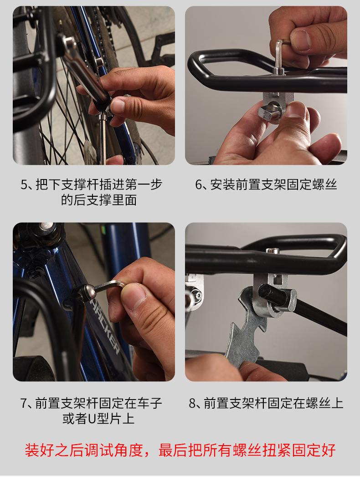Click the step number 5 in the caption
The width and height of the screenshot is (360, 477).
point(24,185)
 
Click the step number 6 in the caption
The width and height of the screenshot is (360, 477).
point(199,185)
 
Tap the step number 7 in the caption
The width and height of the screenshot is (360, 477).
point(24,403)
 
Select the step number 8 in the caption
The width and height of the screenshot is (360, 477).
point(193,403)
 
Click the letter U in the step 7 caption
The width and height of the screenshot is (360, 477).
point(92,419)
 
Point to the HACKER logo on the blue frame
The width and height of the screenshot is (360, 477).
point(105,325)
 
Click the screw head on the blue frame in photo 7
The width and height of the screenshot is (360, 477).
point(87,291)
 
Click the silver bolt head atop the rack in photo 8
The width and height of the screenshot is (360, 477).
point(273,251)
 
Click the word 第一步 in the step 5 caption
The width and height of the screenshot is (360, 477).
point(143,185)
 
